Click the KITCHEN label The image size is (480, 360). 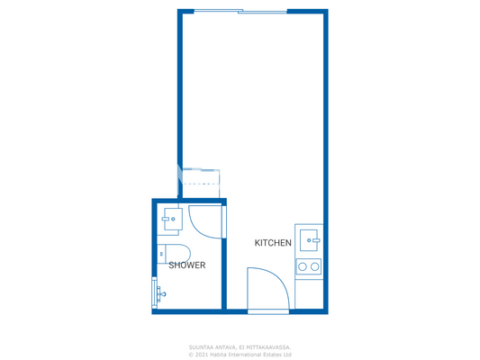pyautogui.click(x=273, y=243)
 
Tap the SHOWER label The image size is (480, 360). pyautogui.click(x=187, y=265)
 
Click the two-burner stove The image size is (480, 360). pyautogui.click(x=309, y=266)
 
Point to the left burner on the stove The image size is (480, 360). pyautogui.click(x=303, y=266)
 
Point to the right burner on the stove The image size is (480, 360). pyautogui.click(x=314, y=266)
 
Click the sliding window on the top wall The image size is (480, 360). pyautogui.click(x=240, y=12)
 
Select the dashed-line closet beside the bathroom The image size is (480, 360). pyautogui.click(x=200, y=177)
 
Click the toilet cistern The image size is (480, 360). pyautogui.click(x=161, y=253)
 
